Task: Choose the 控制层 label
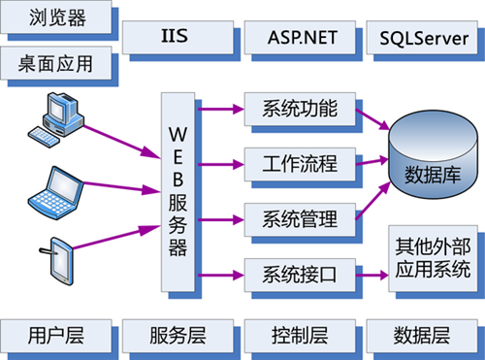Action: [300, 336]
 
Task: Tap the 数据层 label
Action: [421, 336]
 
